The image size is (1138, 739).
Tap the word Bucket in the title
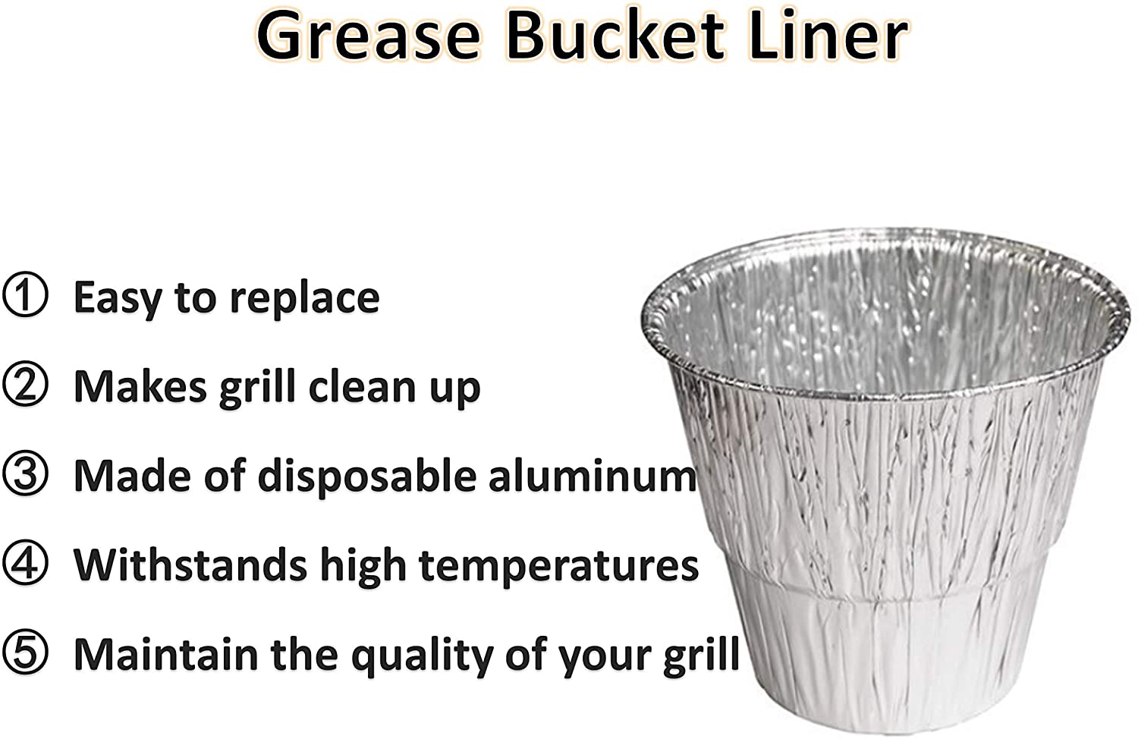[615, 36]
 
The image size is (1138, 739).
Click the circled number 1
[25, 295]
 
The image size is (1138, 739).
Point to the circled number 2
[25, 384]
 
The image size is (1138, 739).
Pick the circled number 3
[25, 473]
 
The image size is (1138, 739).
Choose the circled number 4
[25, 563]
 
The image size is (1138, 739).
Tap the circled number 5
[25, 653]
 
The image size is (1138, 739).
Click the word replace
[305, 300]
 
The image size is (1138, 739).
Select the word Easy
[118, 299]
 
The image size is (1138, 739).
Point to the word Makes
[140, 387]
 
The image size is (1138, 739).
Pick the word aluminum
[593, 476]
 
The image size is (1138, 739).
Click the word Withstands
[190, 564]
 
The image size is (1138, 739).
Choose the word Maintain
[165, 654]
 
